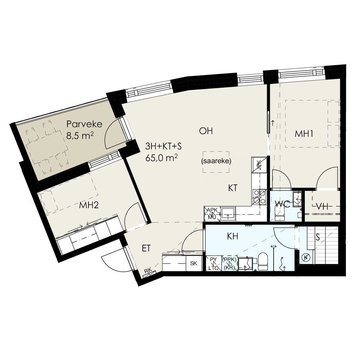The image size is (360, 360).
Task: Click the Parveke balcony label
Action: pyautogui.click(x=84, y=124)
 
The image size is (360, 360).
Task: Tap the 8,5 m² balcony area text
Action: pyautogui.click(x=80, y=136)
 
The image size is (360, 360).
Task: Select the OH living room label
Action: pyautogui.click(x=206, y=131)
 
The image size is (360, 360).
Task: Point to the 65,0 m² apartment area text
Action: pyautogui.click(x=161, y=158)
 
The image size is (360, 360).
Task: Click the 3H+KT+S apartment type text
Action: pyautogui.click(x=163, y=147)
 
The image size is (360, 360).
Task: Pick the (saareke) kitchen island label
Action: pyautogui.click(x=216, y=161)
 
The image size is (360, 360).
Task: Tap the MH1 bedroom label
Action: pyautogui.click(x=304, y=134)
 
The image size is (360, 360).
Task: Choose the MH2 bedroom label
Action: pyautogui.click(x=89, y=205)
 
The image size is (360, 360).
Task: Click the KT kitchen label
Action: pyautogui.click(x=233, y=188)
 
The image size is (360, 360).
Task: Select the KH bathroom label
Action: pyautogui.click(x=232, y=236)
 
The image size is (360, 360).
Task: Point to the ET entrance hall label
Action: pyautogui.click(x=146, y=248)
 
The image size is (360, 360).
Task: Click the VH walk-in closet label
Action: pyautogui.click(x=323, y=207)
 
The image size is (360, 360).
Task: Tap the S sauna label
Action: pyautogui.click(x=318, y=237)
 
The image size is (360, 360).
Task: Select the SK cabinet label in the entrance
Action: pyautogui.click(x=193, y=263)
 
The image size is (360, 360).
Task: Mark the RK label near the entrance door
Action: pyautogui.click(x=148, y=271)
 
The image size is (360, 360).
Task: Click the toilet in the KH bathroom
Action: pyautogui.click(x=263, y=262)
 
